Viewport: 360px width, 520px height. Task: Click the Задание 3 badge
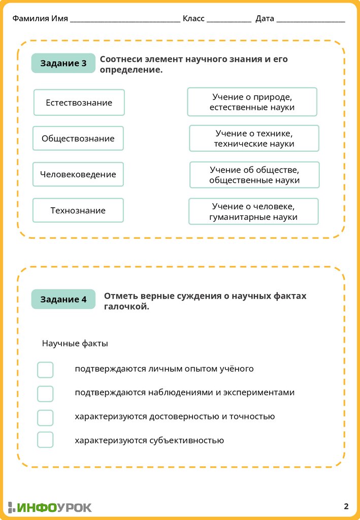point(63,63)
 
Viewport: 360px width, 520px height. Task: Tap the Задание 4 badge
point(63,300)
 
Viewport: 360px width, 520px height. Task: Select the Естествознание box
point(79,103)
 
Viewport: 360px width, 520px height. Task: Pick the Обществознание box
point(78,139)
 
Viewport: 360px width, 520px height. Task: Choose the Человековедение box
point(78,175)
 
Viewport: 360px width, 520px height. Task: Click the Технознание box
point(78,210)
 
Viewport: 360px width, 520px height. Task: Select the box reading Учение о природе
point(252,102)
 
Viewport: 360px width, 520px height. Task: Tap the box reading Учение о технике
point(254,139)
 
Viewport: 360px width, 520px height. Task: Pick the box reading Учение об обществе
point(254,175)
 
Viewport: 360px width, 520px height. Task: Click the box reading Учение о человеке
point(253,212)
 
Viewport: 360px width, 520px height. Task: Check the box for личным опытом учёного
point(45,370)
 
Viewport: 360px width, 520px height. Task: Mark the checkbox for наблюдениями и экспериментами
point(45,394)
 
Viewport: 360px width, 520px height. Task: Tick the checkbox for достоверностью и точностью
point(45,417)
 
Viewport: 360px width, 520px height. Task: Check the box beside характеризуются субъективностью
point(45,440)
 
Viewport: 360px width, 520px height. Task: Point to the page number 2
point(346,506)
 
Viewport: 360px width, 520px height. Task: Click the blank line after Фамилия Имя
point(125,20)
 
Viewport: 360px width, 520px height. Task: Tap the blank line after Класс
point(228,20)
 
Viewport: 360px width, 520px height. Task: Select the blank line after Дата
point(311,20)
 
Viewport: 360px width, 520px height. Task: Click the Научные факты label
point(75,344)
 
